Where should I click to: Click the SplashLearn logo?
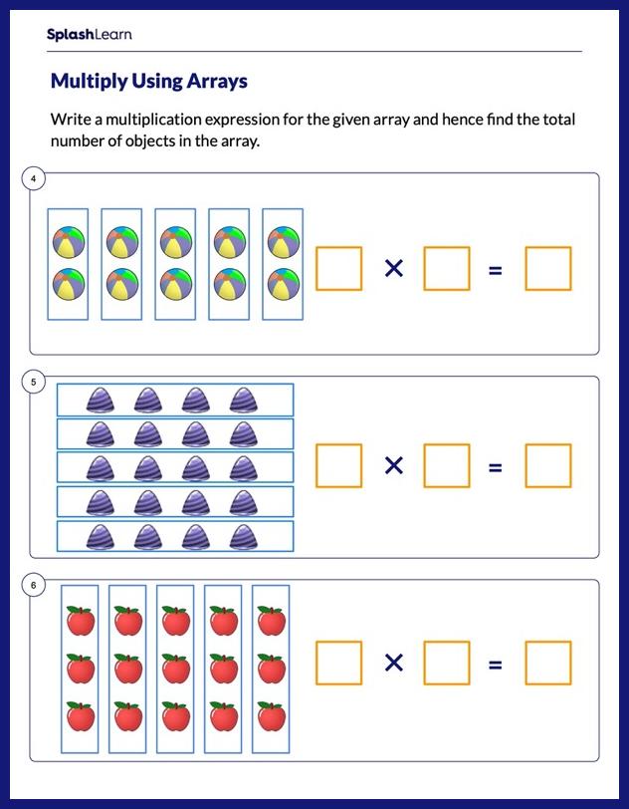click(x=89, y=35)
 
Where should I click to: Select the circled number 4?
click(x=34, y=178)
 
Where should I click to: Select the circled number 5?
click(x=34, y=382)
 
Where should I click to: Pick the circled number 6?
click(x=34, y=585)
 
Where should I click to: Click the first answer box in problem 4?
click(x=338, y=268)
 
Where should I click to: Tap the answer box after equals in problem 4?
click(x=548, y=268)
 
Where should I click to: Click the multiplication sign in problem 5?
click(x=394, y=465)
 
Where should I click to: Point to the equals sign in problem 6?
click(x=495, y=664)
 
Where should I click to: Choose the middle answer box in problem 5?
click(x=446, y=465)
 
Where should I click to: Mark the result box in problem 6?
click(x=548, y=664)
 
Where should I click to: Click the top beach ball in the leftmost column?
click(x=69, y=241)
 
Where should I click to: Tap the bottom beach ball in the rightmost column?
click(x=283, y=285)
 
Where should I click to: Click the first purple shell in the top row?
click(x=102, y=401)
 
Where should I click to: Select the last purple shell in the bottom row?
click(x=244, y=536)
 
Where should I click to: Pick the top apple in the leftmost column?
click(x=80, y=620)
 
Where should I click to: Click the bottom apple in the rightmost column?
click(x=271, y=715)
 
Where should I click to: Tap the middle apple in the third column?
click(x=175, y=668)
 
